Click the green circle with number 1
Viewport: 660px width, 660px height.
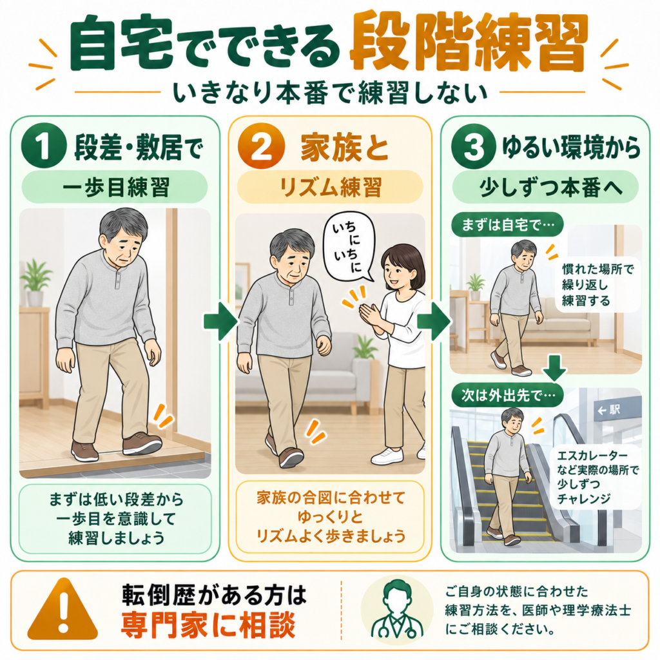point(44,146)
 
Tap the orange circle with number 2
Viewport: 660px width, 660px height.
point(261,146)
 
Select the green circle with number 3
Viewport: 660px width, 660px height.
point(473,146)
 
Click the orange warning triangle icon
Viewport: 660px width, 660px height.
point(63,610)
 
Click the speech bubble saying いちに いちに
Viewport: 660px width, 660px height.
point(348,247)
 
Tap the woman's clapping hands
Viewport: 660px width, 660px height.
point(371,314)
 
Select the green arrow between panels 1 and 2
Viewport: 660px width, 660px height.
point(220,322)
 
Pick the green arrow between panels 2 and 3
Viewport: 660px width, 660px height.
point(434,322)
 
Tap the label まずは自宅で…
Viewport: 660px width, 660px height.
point(507,225)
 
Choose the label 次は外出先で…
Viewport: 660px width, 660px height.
point(507,395)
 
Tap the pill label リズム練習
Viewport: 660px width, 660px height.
point(331,188)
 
